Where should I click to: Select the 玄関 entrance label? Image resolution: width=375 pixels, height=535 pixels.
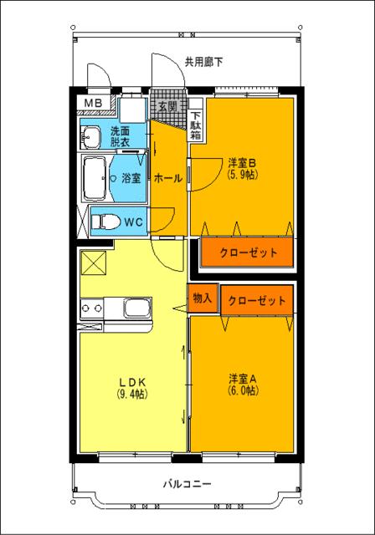coord(167,107)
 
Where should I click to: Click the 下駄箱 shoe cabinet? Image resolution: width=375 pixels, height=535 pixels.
coord(195,125)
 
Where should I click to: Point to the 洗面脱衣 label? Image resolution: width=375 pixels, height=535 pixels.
coord(120,137)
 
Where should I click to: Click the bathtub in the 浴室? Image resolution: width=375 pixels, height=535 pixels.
coord(96,176)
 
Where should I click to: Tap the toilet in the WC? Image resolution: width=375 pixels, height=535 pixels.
coord(103,222)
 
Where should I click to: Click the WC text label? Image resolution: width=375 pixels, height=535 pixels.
coord(134,222)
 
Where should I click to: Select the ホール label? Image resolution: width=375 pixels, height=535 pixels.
coord(169,178)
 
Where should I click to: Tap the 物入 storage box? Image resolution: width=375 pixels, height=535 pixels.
coord(203,298)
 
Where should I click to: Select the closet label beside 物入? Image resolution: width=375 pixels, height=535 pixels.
coord(256,300)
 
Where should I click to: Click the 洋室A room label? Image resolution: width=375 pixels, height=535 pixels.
coord(243,378)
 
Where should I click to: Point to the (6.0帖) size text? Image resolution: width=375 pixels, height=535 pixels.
coord(243,390)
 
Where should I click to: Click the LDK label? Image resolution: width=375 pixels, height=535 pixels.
coord(132,381)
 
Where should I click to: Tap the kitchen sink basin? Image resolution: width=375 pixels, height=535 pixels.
coord(137,309)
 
